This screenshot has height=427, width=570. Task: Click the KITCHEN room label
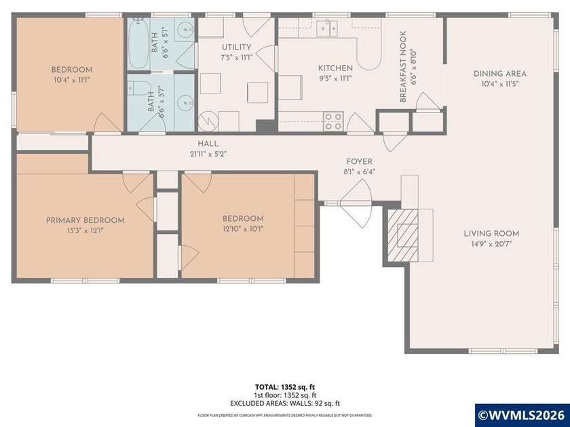point(336,68)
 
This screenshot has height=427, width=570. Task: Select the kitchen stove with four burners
point(332,121)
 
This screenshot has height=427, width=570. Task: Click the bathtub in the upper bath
point(138,45)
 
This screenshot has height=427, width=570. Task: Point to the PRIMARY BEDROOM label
point(85,220)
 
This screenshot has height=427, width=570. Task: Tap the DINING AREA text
point(500,74)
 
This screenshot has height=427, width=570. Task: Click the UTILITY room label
point(237,47)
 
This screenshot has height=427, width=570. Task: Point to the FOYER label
point(359,161)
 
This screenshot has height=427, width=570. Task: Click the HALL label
point(208,144)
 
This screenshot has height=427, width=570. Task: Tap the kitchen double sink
point(328,28)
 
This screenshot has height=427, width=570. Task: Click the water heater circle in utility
point(208,122)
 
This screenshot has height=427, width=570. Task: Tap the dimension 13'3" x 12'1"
point(85,230)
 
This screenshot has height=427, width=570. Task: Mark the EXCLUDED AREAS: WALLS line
point(284,402)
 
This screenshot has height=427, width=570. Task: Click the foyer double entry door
point(356,201)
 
